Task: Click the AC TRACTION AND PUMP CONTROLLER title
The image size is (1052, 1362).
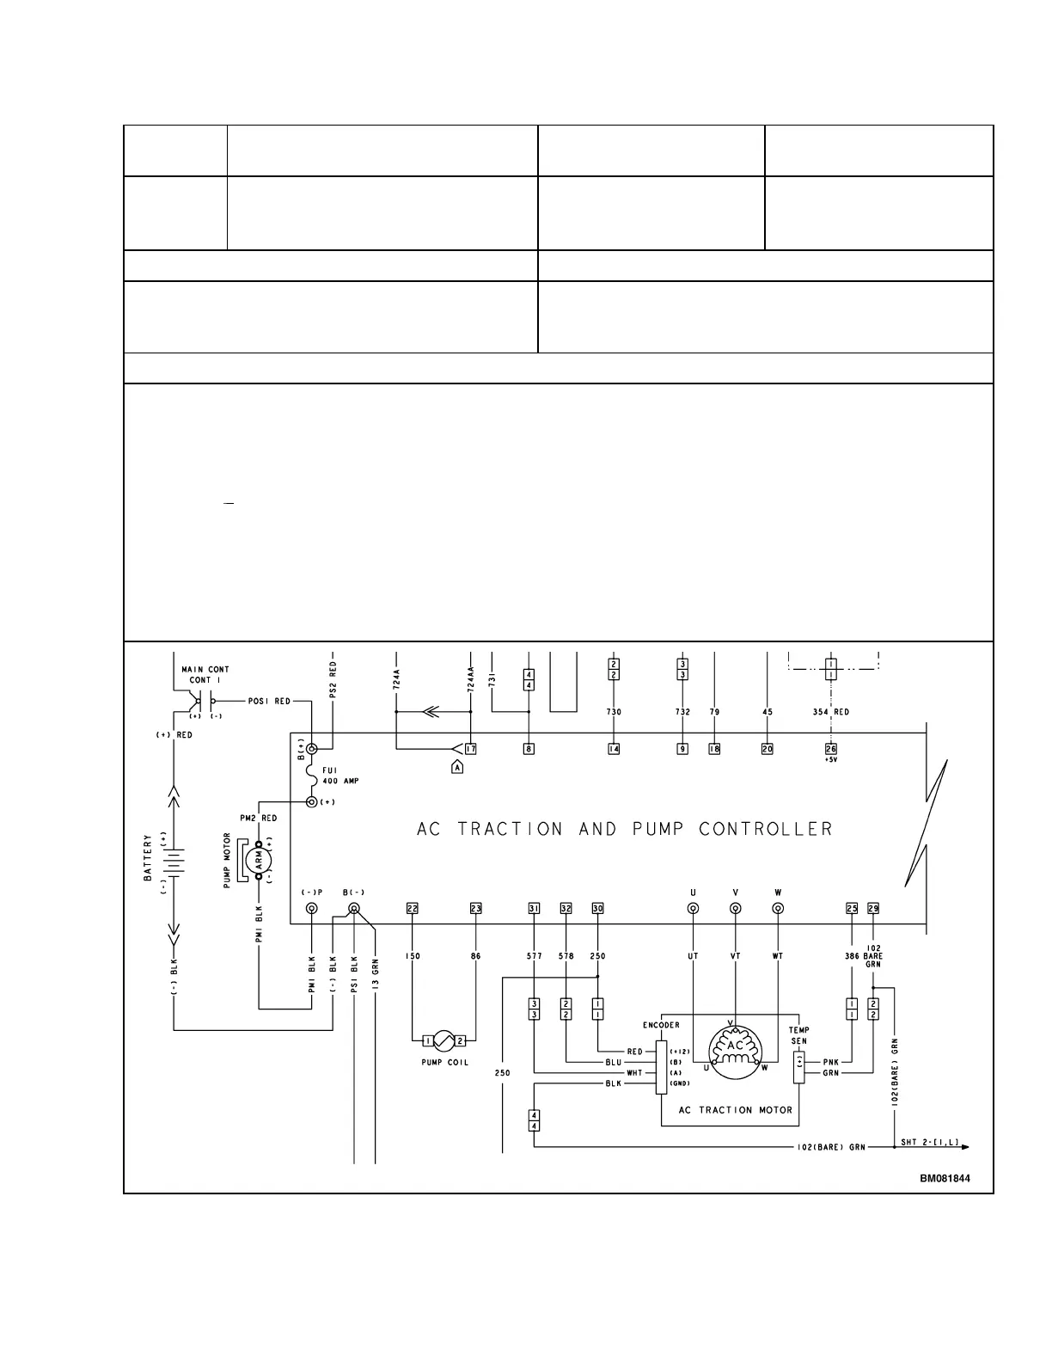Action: click(x=625, y=830)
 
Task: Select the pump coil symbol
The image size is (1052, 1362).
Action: click(x=444, y=1041)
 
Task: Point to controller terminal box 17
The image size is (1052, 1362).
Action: click(x=471, y=749)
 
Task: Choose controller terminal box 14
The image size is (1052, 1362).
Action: click(x=614, y=749)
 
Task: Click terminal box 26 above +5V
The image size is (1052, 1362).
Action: click(x=830, y=749)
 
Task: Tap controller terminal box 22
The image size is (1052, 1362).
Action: click(x=413, y=909)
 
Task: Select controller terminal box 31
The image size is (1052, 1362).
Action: click(x=534, y=909)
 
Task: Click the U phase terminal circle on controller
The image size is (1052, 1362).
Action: click(x=694, y=909)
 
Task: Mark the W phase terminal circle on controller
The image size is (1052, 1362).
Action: click(x=778, y=909)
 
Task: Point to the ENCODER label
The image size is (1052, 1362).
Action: click(x=661, y=1025)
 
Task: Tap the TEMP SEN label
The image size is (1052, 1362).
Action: click(x=798, y=1035)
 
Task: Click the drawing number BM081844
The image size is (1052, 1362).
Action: click(x=945, y=1179)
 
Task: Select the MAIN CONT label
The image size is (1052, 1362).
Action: click(x=205, y=669)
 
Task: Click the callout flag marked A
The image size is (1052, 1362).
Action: click(x=457, y=767)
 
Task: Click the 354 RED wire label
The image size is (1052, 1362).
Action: click(x=830, y=712)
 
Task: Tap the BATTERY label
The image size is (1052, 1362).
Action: click(x=148, y=857)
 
